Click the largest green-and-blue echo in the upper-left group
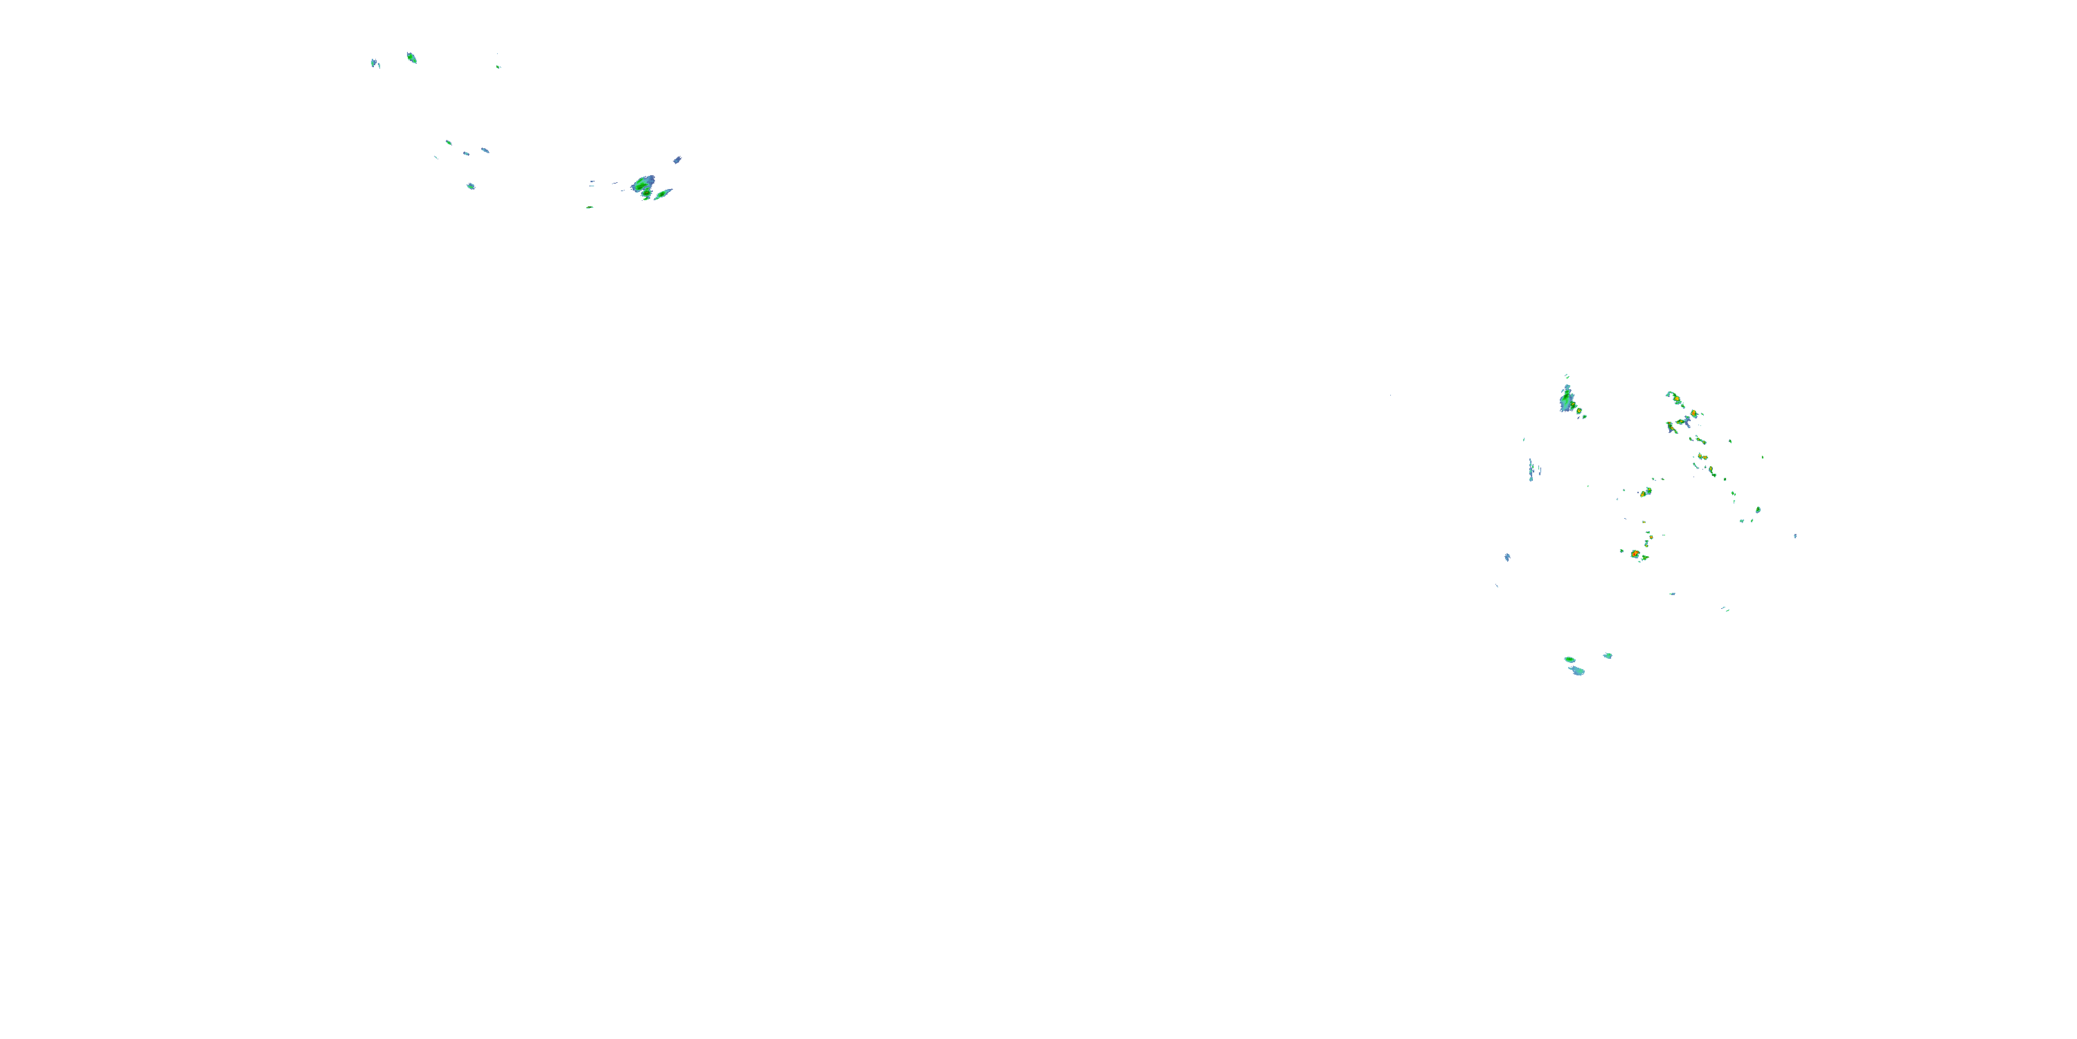pyautogui.click(x=642, y=186)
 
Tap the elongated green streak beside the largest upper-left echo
pyautogui.click(x=663, y=195)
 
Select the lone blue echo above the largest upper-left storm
pyautogui.click(x=677, y=160)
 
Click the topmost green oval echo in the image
pyautogui.click(x=411, y=57)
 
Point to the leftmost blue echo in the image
pyautogui.click(x=374, y=62)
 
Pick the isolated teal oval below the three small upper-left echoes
pyautogui.click(x=471, y=186)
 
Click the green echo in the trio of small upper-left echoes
pyautogui.click(x=449, y=143)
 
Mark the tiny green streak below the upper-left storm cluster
pyautogui.click(x=589, y=207)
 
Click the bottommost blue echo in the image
pyautogui.click(x=1577, y=671)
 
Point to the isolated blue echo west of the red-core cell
pyautogui.click(x=1507, y=557)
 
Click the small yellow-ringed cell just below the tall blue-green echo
pyautogui.click(x=1579, y=411)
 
